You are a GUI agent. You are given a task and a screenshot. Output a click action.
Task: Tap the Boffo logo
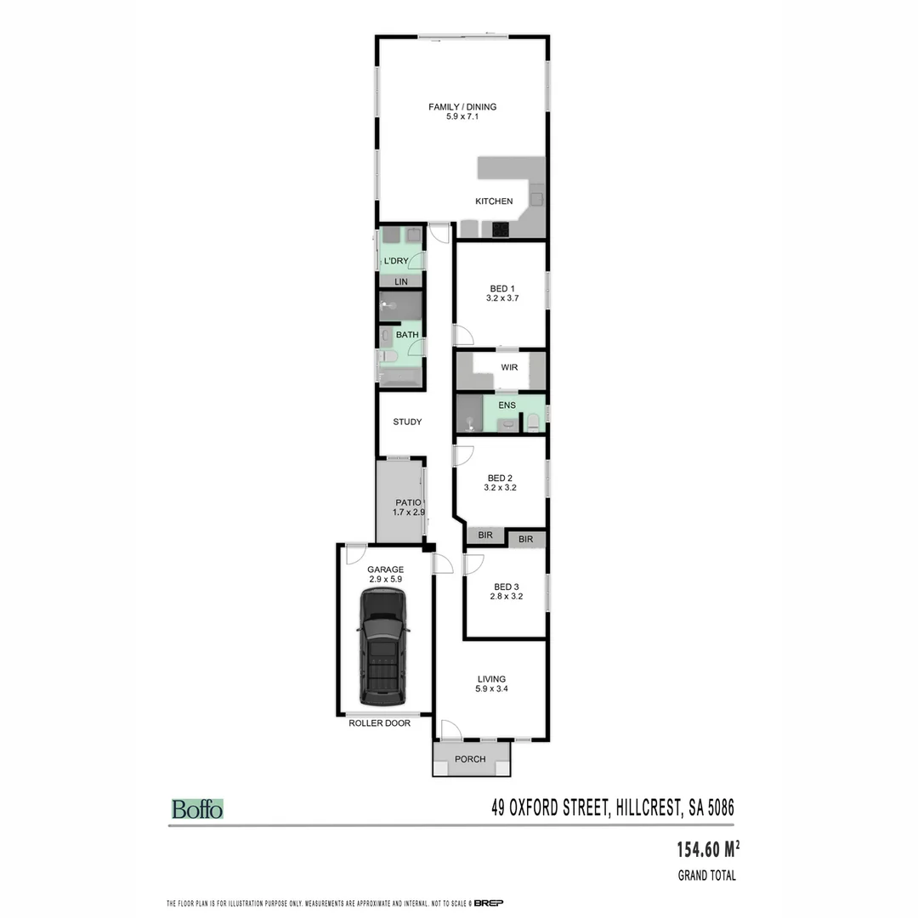(x=197, y=808)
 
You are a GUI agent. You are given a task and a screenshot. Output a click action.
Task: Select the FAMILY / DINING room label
(x=462, y=107)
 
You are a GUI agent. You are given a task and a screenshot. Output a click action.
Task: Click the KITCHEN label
(x=494, y=201)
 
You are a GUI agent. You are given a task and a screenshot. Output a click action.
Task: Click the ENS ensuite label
(x=507, y=405)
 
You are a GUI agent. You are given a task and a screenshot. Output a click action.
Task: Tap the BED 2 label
(x=500, y=477)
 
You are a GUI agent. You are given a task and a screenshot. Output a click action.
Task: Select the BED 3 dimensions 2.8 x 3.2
(x=505, y=597)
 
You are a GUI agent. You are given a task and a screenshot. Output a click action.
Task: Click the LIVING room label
(x=491, y=678)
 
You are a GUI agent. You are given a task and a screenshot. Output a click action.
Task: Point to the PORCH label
(x=470, y=759)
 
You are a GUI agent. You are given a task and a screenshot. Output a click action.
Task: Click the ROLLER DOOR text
(x=379, y=723)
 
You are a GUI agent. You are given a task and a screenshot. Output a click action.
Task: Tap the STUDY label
(x=407, y=422)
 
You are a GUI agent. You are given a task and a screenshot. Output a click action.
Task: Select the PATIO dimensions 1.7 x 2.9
(x=408, y=513)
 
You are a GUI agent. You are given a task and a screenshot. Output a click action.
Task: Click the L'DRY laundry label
(x=397, y=260)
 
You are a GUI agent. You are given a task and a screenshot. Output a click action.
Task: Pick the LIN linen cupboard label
(x=401, y=281)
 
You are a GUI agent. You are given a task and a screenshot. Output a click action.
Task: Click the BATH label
(x=407, y=335)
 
